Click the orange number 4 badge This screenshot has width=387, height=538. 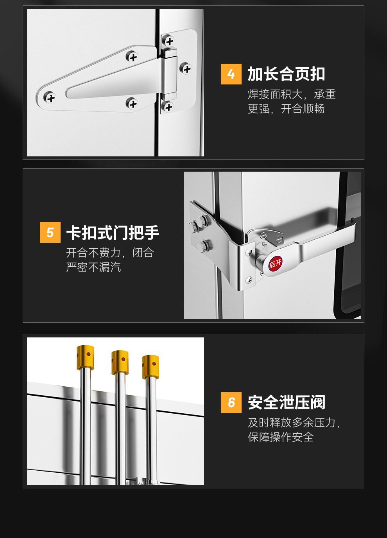point(231,74)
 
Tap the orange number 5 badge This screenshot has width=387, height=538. point(50,232)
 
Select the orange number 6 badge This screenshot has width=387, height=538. point(231,402)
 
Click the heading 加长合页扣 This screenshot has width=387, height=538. point(286,74)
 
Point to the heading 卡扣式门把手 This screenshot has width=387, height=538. point(113,233)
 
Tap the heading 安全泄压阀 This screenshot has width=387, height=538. point(286,402)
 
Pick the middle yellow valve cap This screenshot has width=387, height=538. point(120,362)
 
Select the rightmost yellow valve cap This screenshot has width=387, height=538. point(150,367)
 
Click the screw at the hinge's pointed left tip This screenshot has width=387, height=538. point(50,98)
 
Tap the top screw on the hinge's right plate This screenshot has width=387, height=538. point(169,40)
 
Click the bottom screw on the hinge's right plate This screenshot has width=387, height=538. point(168,106)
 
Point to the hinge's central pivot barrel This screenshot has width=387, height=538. point(170,74)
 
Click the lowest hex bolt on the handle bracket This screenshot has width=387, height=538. point(204,246)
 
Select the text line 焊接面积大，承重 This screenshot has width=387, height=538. point(292,94)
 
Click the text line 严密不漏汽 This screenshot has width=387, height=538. point(93,267)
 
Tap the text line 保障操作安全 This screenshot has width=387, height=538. point(281,437)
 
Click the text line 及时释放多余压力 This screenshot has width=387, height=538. point(293,422)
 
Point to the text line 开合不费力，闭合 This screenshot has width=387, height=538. point(110,253)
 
